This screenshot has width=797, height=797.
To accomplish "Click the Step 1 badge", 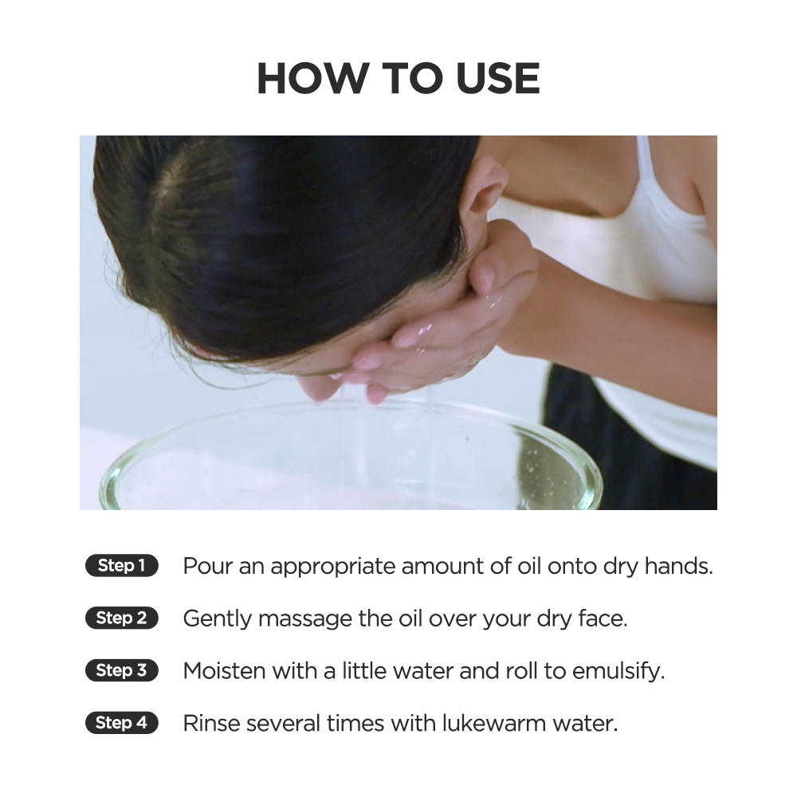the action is (121, 565).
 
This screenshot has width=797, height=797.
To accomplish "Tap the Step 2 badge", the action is (121, 618).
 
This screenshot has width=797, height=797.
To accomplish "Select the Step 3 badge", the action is (121, 670).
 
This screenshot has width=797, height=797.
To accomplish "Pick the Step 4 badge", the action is (121, 722).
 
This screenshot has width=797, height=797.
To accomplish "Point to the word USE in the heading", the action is (497, 79).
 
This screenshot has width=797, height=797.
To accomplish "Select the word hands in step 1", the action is (678, 566).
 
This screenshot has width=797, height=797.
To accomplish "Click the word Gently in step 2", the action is (217, 619).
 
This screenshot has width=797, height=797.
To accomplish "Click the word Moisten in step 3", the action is (224, 671).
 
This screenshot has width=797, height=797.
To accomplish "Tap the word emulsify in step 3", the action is (618, 672).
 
